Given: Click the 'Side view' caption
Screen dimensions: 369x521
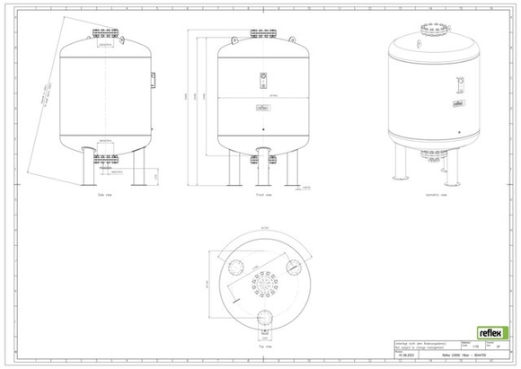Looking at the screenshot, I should pyautogui.click(x=105, y=191).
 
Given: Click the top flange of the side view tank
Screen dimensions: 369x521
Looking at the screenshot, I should pyautogui.click(x=105, y=38).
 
